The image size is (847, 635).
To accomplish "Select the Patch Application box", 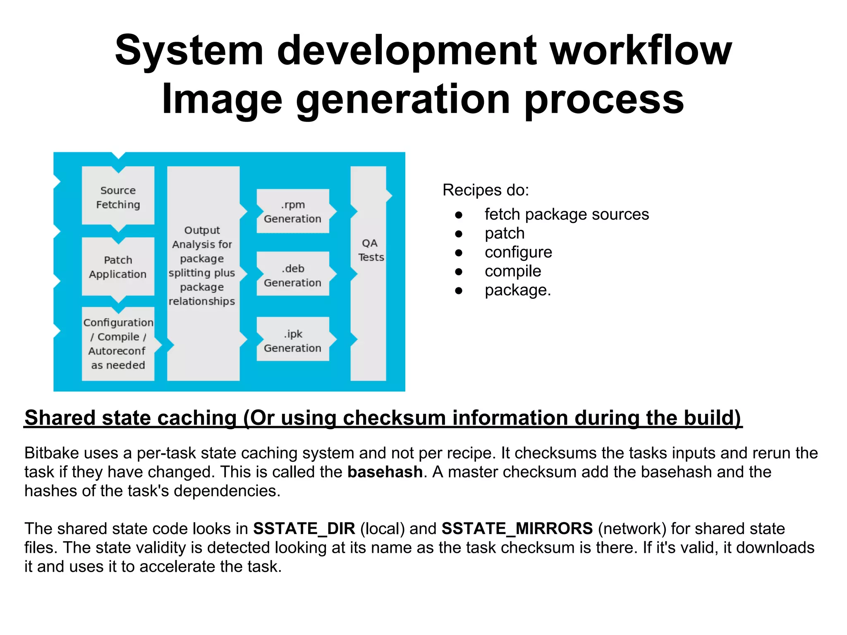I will pyautogui.click(x=118, y=267).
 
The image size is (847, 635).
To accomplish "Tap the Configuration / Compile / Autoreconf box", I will pyautogui.click(x=118, y=344).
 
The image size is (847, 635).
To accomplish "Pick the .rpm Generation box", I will pyautogui.click(x=292, y=211).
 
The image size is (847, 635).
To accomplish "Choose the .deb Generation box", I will pyautogui.click(x=292, y=275).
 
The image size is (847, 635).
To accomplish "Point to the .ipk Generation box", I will pyautogui.click(x=292, y=341).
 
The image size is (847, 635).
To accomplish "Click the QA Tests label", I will pyautogui.click(x=370, y=250).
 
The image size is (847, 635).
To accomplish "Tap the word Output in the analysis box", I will pyautogui.click(x=202, y=230).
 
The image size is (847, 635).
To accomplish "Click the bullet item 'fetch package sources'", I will pyautogui.click(x=566, y=214).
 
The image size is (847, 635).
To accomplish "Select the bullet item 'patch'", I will pyautogui.click(x=504, y=233).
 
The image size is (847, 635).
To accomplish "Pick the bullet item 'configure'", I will pyautogui.click(x=518, y=252).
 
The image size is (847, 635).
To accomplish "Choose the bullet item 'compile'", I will pyautogui.click(x=512, y=271).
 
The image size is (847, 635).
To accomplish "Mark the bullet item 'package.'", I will pyautogui.click(x=517, y=290).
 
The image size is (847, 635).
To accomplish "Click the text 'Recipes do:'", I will pyautogui.click(x=486, y=190).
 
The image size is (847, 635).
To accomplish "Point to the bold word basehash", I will pyautogui.click(x=385, y=472).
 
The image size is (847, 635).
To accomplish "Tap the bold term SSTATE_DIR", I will pyautogui.click(x=304, y=528).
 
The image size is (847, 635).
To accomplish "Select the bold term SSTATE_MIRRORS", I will pyautogui.click(x=517, y=528).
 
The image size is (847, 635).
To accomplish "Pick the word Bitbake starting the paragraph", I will pyautogui.click(x=51, y=453).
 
